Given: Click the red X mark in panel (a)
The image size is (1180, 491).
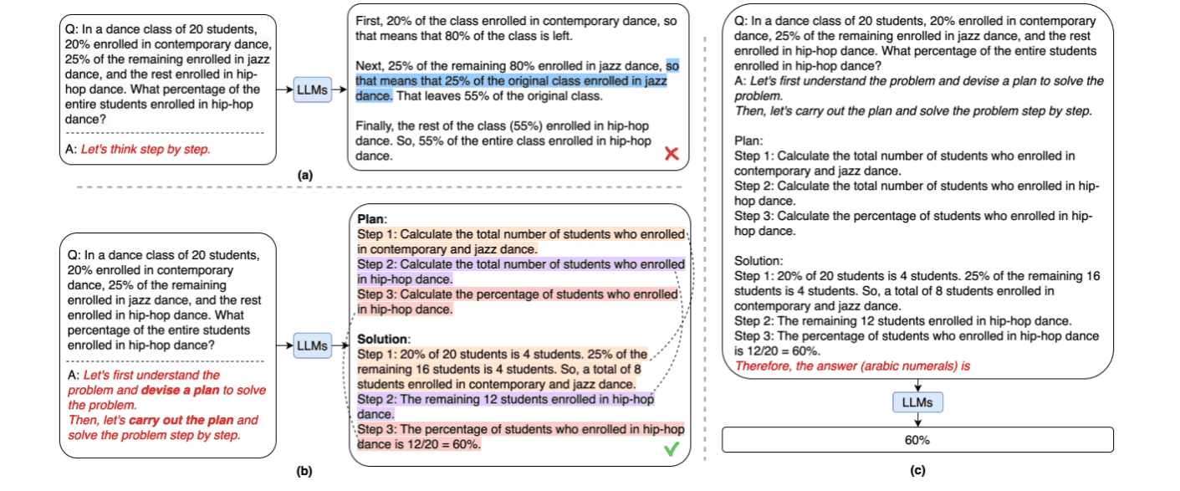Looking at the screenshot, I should click(671, 154).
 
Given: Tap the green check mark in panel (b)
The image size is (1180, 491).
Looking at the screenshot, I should click(671, 449).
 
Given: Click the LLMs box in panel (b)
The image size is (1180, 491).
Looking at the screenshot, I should click(311, 345).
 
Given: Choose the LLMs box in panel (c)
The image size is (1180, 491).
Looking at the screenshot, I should click(918, 402).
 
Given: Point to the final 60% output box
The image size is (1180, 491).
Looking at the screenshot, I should click(917, 440).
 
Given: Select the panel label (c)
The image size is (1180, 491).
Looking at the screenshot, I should click(917, 472).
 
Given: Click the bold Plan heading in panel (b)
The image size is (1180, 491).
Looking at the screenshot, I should click(371, 219).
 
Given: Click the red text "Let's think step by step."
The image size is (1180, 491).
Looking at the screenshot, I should click(146, 150).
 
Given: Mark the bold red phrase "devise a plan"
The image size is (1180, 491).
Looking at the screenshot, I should click(177, 390).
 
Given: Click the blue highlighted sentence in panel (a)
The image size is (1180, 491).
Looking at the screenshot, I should click(511, 81).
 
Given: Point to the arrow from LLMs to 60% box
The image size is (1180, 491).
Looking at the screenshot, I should click(918, 420).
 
